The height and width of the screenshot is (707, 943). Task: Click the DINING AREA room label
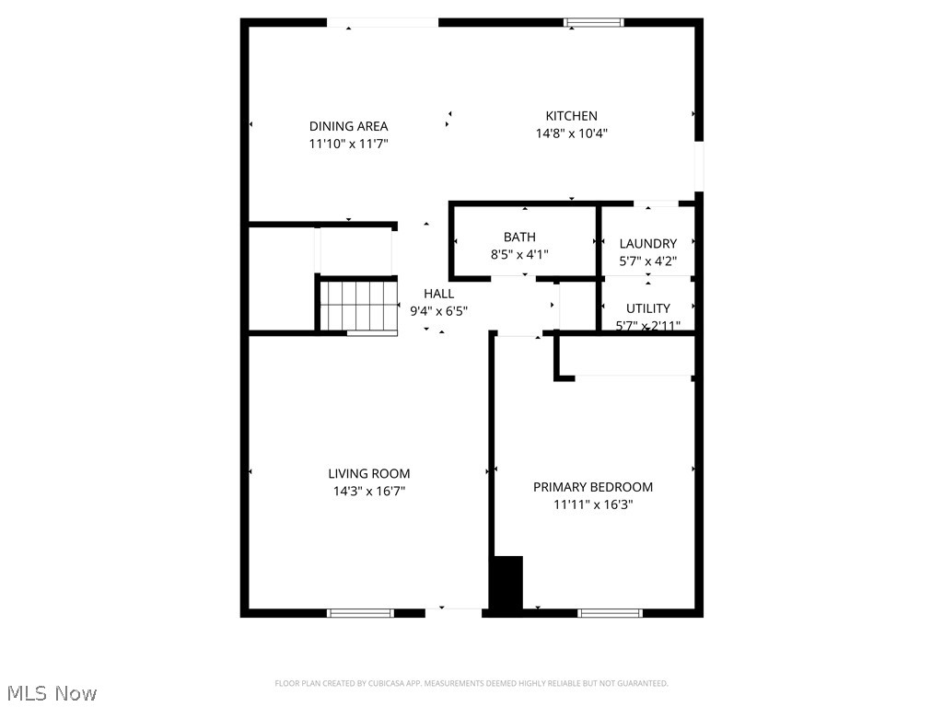tap(348, 126)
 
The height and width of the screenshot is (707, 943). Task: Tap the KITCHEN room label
tap(571, 116)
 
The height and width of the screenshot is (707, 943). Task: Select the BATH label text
tap(519, 238)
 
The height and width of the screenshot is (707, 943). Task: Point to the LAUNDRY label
tap(647, 244)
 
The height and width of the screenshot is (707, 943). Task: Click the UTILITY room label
tap(647, 308)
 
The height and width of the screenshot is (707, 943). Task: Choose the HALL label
tap(438, 294)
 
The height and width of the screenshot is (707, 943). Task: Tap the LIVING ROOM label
tap(368, 474)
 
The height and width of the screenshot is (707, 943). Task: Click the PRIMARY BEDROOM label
tap(593, 487)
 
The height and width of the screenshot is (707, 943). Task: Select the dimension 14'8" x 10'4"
tap(571, 133)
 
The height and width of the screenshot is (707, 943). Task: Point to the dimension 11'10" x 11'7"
tap(348, 144)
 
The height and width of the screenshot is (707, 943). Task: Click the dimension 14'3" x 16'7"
tap(368, 492)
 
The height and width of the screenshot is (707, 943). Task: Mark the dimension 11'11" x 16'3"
tap(593, 504)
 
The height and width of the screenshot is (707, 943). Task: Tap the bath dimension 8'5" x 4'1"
tap(519, 254)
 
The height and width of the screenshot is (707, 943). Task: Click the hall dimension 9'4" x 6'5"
tap(438, 311)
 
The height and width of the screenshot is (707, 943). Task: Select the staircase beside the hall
tap(358, 305)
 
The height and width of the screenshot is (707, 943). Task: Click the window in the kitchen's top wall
tap(594, 22)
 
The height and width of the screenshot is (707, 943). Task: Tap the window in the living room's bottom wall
tap(360, 612)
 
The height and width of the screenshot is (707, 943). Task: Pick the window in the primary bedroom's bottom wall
tap(610, 612)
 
